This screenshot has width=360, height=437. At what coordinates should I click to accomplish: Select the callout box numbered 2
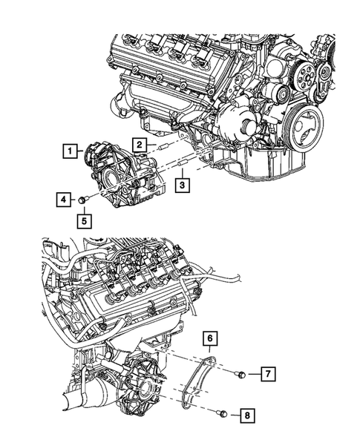[140, 144]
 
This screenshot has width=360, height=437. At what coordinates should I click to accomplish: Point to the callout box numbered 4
[63, 199]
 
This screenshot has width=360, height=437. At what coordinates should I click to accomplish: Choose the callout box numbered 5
[84, 220]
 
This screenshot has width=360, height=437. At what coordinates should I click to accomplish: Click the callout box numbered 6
[212, 341]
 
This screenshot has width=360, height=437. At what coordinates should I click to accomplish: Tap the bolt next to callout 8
[222, 413]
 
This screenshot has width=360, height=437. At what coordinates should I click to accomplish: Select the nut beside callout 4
[86, 199]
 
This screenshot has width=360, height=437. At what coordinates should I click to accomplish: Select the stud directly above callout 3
[182, 162]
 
